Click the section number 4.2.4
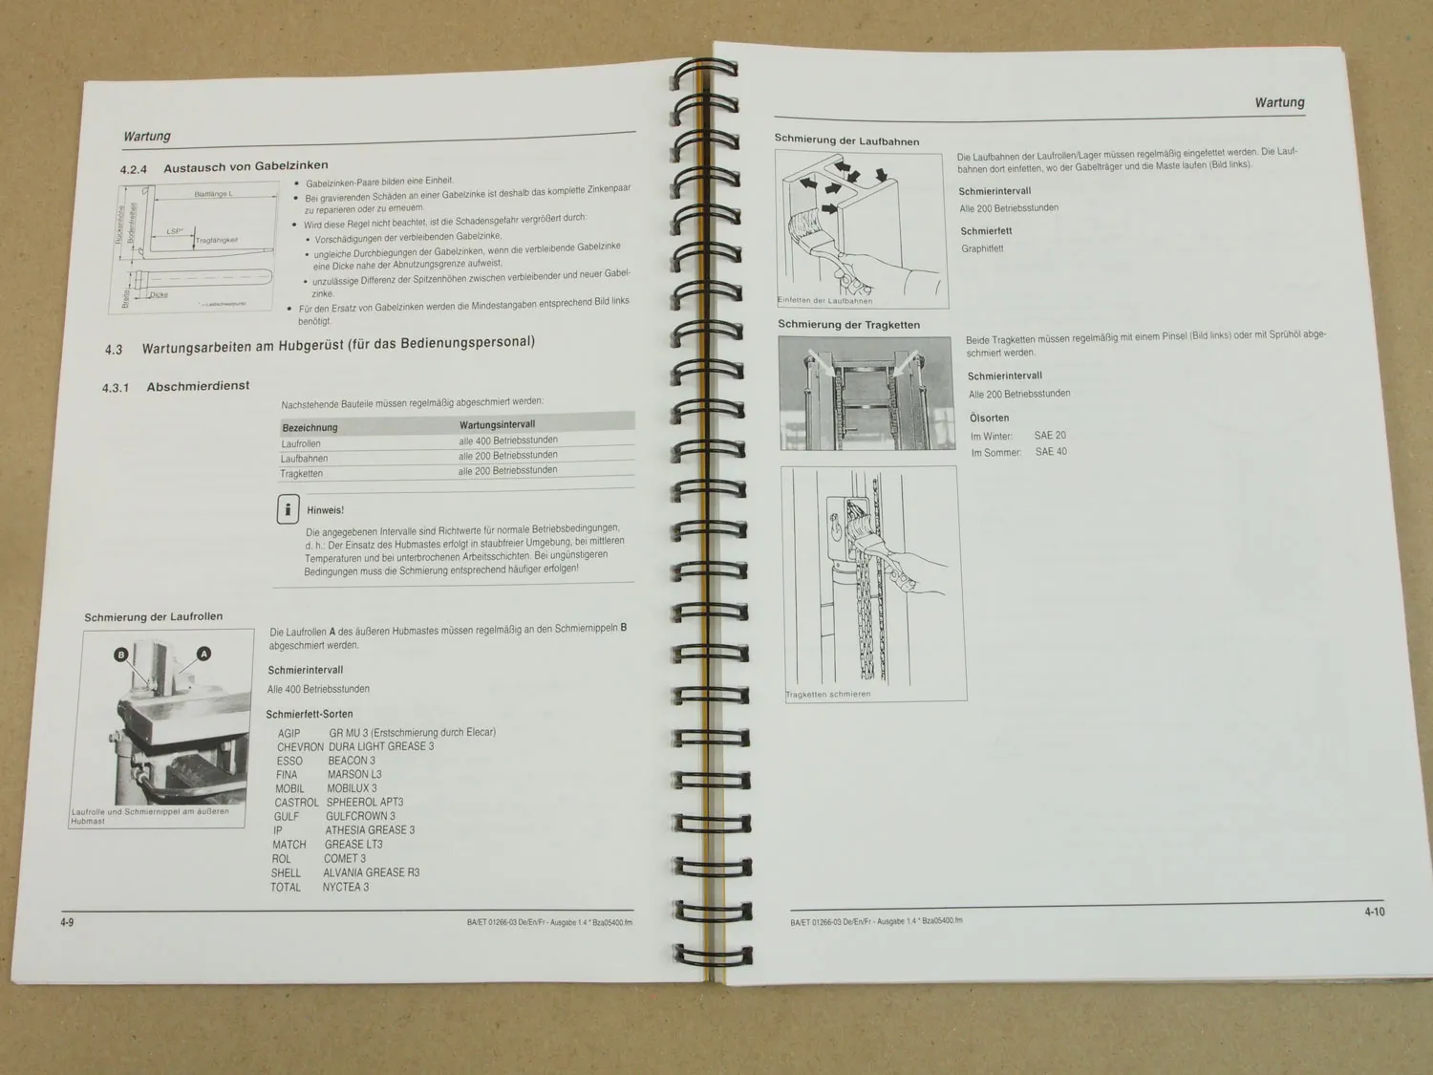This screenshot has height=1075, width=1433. coord(134,170)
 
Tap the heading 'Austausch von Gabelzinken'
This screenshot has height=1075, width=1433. coord(246,166)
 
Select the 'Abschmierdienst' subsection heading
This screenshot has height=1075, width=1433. coord(198,386)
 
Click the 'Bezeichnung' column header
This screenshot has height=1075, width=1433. coord(310,427)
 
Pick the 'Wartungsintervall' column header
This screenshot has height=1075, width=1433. coord(497,424)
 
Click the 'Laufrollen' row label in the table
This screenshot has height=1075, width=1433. coord(301,443)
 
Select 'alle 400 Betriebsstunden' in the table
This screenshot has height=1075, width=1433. coord(507,441)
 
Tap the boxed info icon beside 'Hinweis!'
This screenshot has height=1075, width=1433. coord(288,510)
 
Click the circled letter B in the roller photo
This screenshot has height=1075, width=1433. coord(121,655)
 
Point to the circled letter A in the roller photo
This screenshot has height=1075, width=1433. coord(203,654)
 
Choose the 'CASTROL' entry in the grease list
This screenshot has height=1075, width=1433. coord(296,803)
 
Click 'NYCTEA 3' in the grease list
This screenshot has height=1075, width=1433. coord(346,887)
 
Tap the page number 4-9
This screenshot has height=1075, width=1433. coord(67,922)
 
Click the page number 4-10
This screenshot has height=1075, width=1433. coord(1374,912)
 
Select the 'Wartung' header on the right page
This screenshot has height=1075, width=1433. coord(1279,102)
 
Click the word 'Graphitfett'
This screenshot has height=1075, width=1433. coord(982,248)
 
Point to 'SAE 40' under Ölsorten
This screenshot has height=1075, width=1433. coord(1051,452)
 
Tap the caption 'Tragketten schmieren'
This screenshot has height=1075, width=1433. coord(828,695)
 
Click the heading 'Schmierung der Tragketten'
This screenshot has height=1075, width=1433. coord(848,325)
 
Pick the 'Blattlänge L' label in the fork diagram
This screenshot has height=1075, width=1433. coord(213,194)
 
